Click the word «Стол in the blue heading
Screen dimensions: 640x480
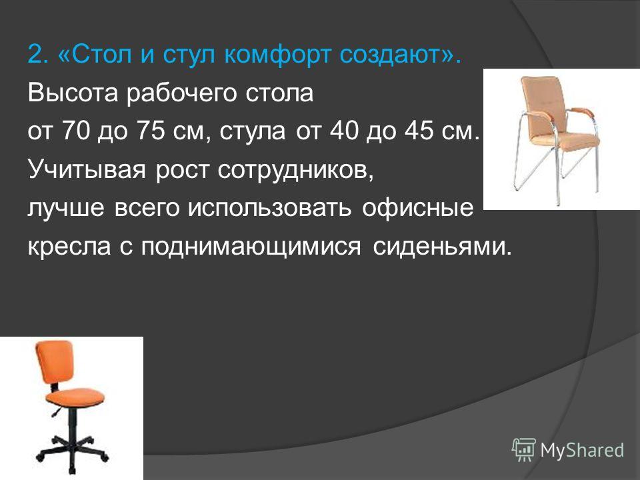tap(95, 54)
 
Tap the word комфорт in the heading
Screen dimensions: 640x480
tap(277, 55)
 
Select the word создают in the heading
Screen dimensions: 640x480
tap(390, 55)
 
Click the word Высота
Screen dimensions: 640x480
tap(73, 93)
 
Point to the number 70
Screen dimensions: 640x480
tap(76, 131)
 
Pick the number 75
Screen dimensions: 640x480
tap(149, 131)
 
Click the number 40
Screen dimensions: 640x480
tap(343, 131)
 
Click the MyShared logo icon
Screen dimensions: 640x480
tap(524, 450)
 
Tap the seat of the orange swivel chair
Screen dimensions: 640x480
tap(75, 395)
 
